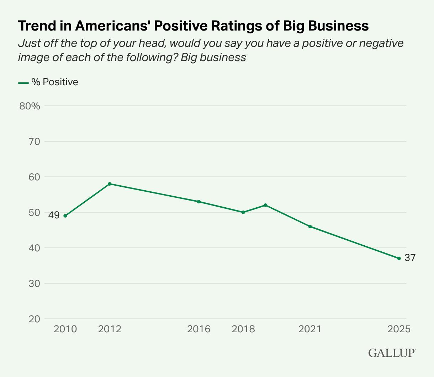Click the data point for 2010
click(65, 216)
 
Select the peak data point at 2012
click(110, 184)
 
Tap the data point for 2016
click(199, 202)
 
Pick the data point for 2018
click(243, 212)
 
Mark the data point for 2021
click(310, 226)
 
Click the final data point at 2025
click(399, 258)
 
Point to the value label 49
click(54, 215)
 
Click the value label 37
click(410, 258)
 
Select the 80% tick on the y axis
click(30, 106)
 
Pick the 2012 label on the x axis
click(110, 329)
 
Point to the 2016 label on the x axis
click(199, 329)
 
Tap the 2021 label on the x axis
click(310, 329)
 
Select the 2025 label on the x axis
click(399, 329)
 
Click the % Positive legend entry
click(48, 82)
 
